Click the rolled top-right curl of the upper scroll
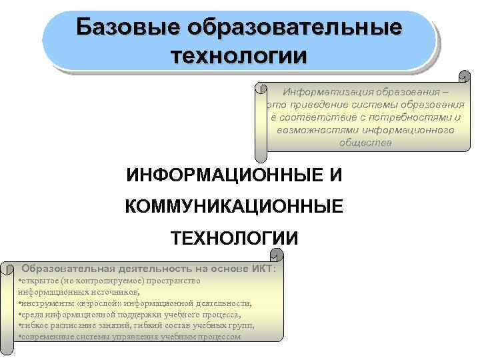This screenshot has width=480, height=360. tap(463, 77)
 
